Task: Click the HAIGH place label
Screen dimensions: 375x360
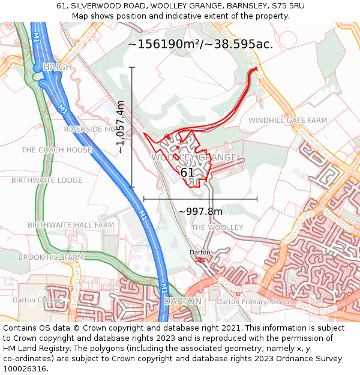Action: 57,67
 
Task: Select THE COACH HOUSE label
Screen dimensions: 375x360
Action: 57,150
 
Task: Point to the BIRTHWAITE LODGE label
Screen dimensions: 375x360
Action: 47,180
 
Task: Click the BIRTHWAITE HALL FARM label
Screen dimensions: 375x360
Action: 71,225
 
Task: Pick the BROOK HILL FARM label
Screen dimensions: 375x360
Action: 51,257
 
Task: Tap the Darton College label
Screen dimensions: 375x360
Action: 37,300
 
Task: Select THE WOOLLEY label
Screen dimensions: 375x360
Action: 217,227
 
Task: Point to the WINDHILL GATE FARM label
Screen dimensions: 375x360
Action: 288,121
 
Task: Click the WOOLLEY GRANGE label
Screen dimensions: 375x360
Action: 194,158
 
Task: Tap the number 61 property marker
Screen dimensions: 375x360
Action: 188,173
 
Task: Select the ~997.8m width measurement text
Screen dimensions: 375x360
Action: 200,211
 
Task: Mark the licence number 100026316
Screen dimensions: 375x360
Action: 25,369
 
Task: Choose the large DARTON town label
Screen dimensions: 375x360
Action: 182,301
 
